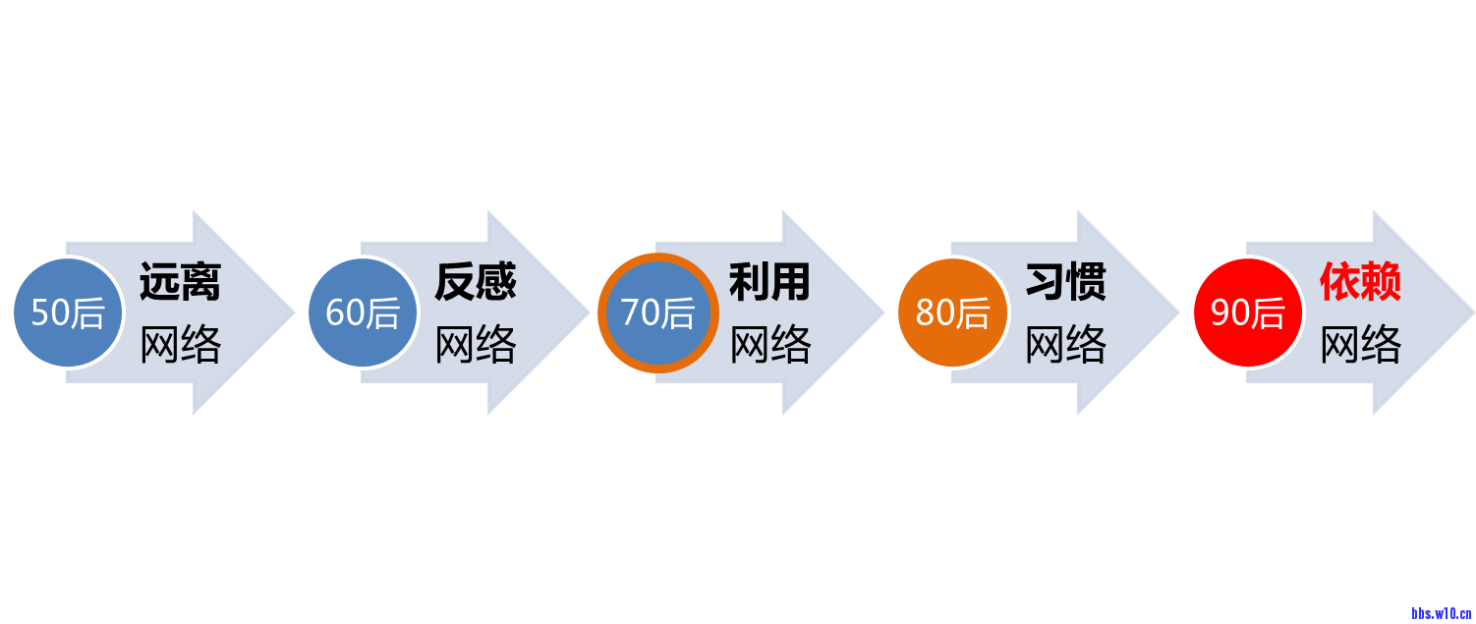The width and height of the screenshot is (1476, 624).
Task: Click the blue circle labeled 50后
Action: pos(67,312)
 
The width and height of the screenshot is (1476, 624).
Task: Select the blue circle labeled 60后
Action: pos(362,312)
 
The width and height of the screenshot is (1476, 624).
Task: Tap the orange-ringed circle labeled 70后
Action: pos(657,312)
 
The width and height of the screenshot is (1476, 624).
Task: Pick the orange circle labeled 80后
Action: pos(952,312)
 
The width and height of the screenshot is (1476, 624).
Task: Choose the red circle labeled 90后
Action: pos(1247,312)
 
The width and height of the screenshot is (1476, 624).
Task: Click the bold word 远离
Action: pos(180,282)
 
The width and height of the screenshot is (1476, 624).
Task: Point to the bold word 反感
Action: pos(475,282)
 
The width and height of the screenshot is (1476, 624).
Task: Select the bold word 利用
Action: pos(769,282)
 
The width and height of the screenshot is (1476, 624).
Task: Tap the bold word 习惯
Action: pos(1065,282)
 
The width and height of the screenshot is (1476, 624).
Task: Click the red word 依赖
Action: pos(1360,282)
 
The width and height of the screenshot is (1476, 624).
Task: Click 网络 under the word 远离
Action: pos(180,345)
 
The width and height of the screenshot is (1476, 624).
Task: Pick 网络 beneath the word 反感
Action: pos(475,345)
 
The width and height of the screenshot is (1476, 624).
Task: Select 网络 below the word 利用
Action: pos(769,345)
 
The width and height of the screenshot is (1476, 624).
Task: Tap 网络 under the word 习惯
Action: pos(1065,345)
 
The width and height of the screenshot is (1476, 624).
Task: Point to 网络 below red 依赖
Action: pos(1360,345)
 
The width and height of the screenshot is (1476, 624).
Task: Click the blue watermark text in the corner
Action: pos(1440,612)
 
